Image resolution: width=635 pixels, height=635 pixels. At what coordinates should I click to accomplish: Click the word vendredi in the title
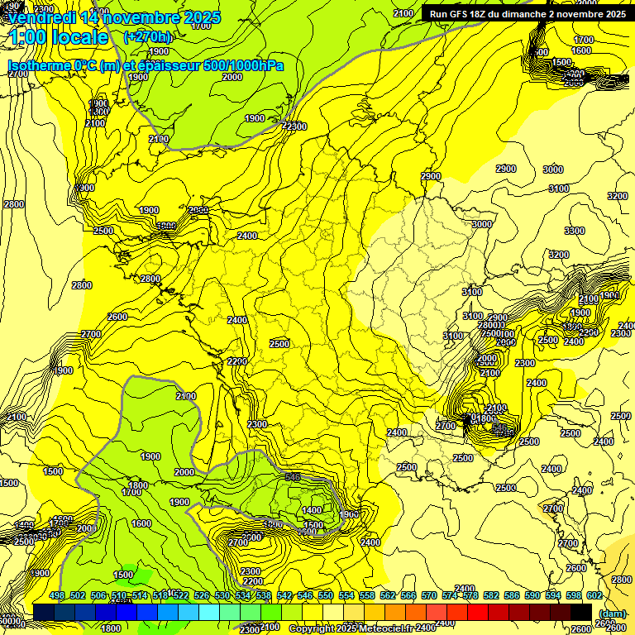point(41,17)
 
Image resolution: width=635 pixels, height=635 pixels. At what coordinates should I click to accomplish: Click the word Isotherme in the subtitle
point(38,66)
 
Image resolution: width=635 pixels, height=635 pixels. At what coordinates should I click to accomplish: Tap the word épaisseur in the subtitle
point(170,66)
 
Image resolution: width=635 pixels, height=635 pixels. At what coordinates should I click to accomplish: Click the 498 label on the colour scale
point(57,595)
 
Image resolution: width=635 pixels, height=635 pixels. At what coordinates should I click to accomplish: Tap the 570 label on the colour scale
point(429,595)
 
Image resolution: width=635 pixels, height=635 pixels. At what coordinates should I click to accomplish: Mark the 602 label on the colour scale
point(594,595)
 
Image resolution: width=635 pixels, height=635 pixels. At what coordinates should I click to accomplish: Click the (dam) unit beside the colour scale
point(612,613)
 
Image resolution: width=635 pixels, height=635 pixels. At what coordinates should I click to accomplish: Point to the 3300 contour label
point(574,231)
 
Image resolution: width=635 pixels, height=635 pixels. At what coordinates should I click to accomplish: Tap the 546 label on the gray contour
point(292,477)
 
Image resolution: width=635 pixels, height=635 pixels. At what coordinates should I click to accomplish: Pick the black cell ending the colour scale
point(581,612)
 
